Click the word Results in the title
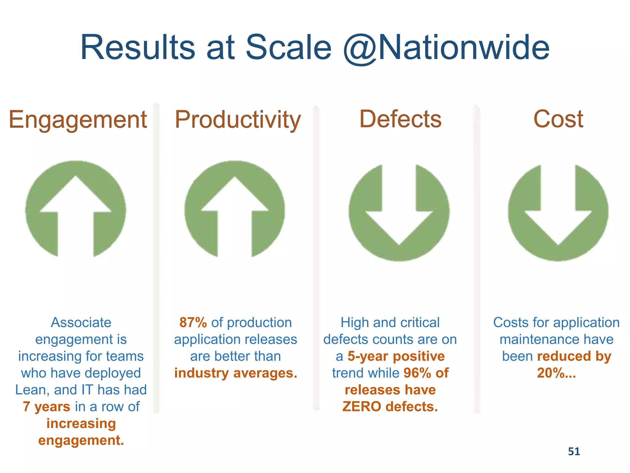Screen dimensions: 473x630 [x=138, y=48]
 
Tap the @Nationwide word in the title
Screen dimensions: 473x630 [x=446, y=48]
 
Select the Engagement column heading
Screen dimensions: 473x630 [x=78, y=119]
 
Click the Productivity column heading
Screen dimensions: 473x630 [x=237, y=119]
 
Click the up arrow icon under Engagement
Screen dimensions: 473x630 [x=75, y=209]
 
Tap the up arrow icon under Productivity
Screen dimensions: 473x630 [x=234, y=209]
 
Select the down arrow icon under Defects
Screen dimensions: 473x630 [x=399, y=212]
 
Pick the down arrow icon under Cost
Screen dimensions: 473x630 [x=558, y=212]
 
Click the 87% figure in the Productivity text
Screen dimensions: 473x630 [x=193, y=322]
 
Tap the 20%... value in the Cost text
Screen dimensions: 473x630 [x=556, y=373]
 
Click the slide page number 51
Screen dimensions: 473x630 [x=574, y=451]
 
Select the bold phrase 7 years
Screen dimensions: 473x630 [x=46, y=406]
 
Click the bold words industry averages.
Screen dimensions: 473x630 [x=236, y=373]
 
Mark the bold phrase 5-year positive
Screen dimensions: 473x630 [x=396, y=356]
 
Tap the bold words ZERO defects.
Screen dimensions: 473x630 [x=390, y=406]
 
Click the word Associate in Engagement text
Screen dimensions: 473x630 [x=81, y=322]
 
